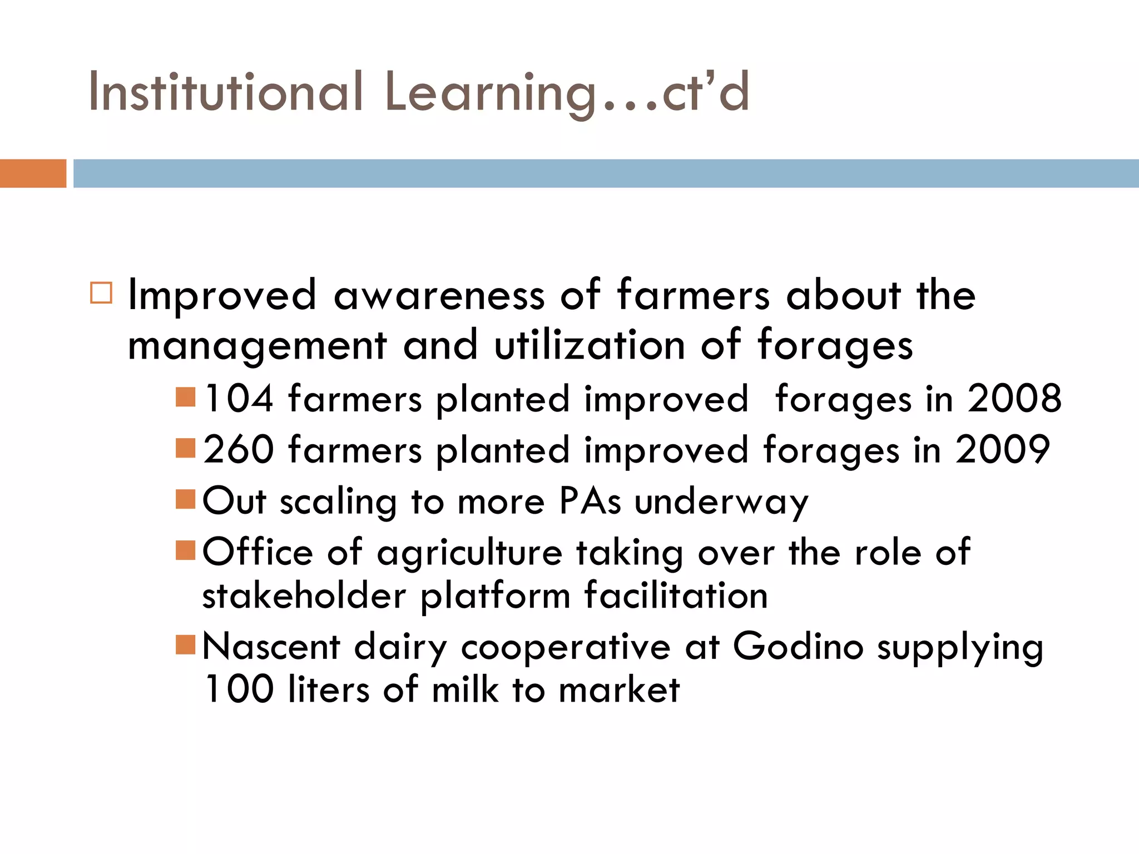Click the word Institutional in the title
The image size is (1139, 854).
[x=226, y=92]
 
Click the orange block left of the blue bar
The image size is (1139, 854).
[x=33, y=173]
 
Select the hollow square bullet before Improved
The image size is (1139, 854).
[x=101, y=292]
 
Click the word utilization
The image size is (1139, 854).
[x=590, y=345]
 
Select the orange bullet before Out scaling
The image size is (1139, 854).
[x=185, y=499]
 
